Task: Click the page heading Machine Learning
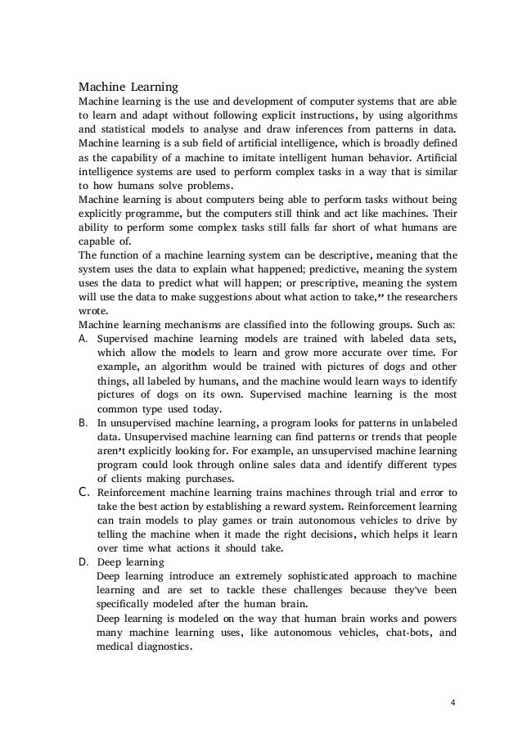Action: (128, 85)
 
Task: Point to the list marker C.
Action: (83, 493)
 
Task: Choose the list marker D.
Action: (83, 563)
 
